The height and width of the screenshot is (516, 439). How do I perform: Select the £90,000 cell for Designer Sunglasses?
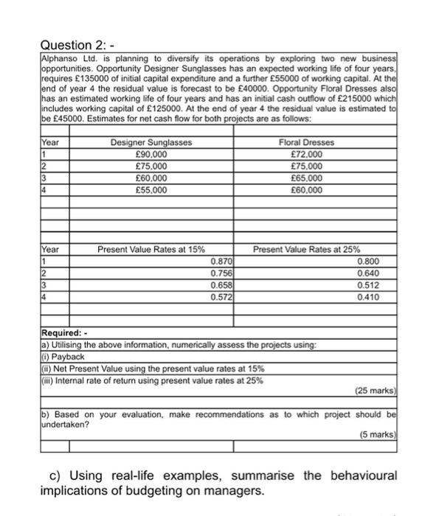pos(151,153)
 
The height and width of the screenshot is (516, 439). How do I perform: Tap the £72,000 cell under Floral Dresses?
pos(307,153)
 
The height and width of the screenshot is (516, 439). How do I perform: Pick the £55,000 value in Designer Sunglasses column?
pos(151,189)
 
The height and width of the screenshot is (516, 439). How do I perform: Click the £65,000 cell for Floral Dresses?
pos(307,178)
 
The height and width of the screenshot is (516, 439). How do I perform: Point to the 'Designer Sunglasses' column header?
pos(151,142)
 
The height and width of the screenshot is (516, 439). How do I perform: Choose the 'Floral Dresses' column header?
pos(307,142)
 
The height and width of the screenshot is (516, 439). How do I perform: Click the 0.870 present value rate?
pos(221,261)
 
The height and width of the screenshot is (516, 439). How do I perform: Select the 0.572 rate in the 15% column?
pos(221,296)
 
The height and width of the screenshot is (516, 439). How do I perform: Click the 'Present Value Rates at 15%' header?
pos(151,249)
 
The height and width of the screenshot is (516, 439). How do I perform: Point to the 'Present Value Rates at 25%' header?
pos(307,249)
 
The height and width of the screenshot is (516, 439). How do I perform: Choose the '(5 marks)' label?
pos(378,434)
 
